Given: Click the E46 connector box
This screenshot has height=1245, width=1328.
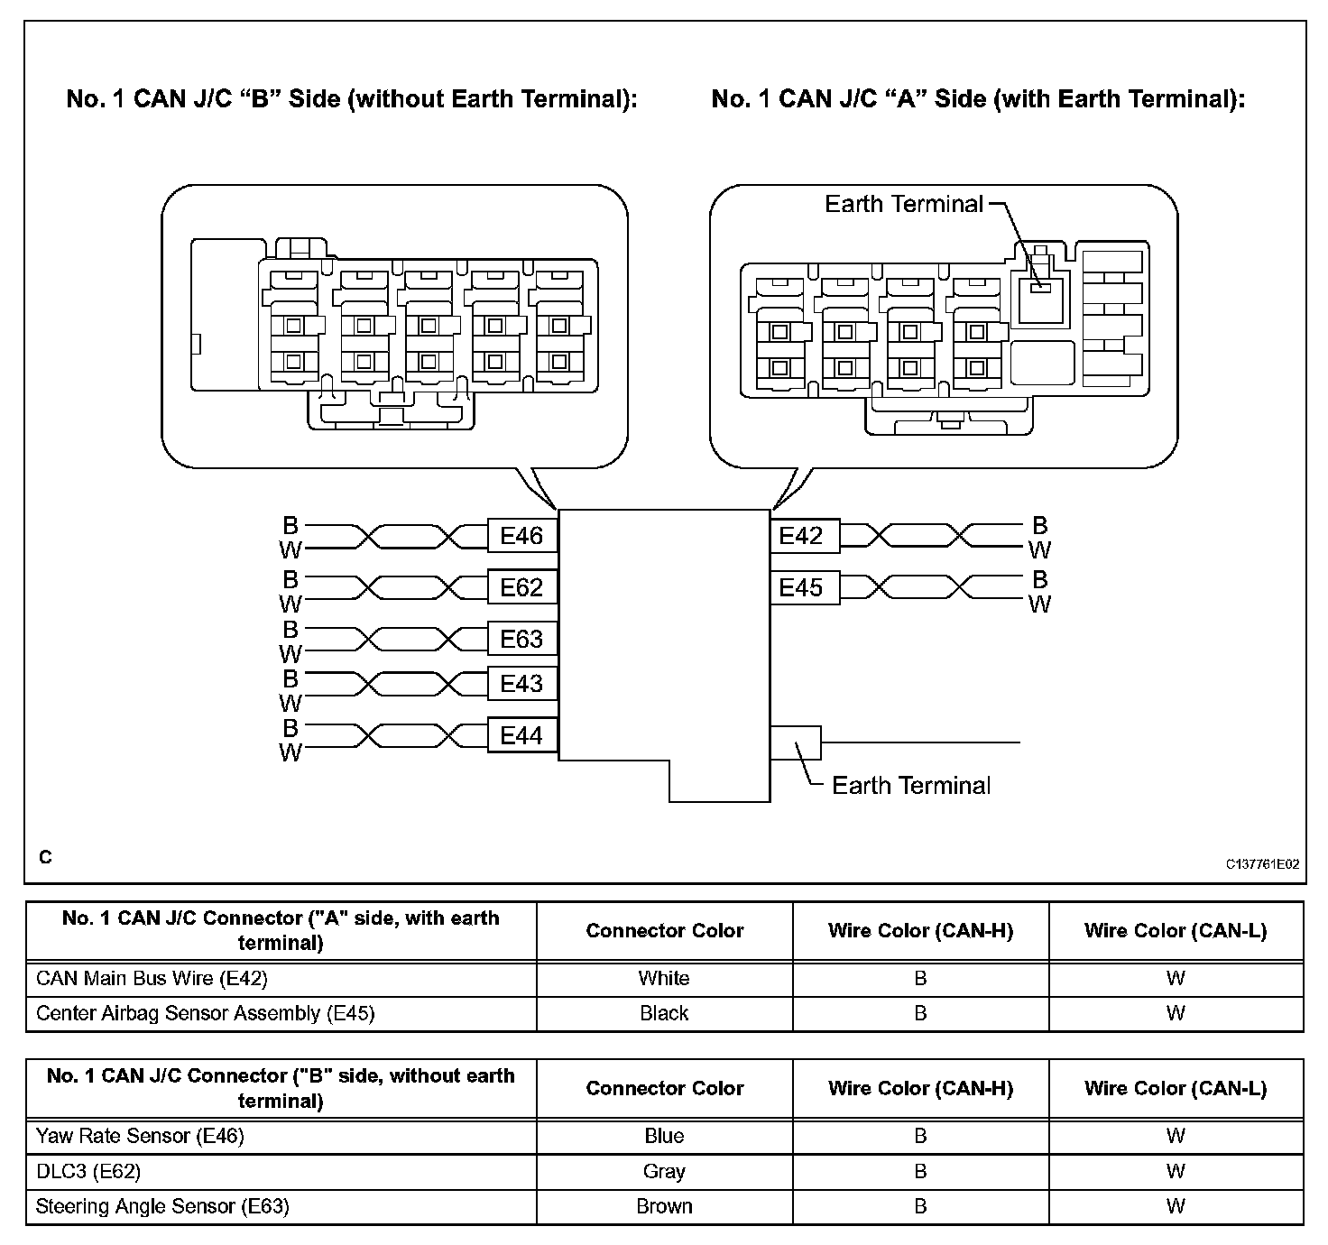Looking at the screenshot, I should [521, 536].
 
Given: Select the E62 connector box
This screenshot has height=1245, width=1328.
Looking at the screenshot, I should [521, 587].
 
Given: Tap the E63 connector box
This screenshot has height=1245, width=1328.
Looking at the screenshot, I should [521, 639].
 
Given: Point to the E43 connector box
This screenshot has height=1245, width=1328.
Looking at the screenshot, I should [521, 683].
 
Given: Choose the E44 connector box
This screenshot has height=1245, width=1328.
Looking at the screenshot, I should [521, 736].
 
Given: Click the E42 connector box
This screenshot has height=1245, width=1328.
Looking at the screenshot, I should [801, 536].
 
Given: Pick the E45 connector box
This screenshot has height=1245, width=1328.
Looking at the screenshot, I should [801, 587].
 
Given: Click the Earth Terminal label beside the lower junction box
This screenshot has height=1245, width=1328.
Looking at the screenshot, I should [911, 785].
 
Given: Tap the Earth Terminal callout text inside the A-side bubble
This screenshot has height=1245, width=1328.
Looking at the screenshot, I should [904, 204].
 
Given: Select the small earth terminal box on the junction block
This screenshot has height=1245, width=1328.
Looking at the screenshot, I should [796, 742].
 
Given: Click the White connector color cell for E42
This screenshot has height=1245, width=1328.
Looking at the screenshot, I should [664, 978].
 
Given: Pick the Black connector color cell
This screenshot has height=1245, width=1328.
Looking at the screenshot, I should [664, 1013].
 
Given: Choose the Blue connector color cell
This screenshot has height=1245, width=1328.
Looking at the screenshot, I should [664, 1136].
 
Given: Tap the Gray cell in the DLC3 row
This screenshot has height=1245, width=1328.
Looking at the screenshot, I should [664, 1171].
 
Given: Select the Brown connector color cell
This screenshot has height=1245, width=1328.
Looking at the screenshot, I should [664, 1206].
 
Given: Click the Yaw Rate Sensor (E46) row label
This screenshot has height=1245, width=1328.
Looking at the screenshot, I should [140, 1136].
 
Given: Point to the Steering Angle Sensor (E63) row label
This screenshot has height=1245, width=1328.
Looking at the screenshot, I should [162, 1206].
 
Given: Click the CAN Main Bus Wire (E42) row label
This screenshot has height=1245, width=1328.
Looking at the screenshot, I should [152, 978].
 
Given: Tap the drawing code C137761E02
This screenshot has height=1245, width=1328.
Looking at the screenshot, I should [1262, 863].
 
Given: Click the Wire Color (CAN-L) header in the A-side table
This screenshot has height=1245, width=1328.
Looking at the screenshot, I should [1176, 931].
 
